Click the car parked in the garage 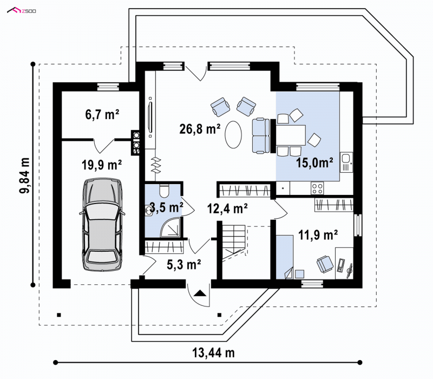[x=102, y=224]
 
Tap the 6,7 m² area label [x=102, y=114]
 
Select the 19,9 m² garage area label [x=102, y=165]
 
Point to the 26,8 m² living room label [x=200, y=129]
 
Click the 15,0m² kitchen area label [x=314, y=163]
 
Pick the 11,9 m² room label [x=318, y=235]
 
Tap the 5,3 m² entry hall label [x=183, y=264]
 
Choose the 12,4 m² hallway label [x=227, y=208]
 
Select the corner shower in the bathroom [x=172, y=227]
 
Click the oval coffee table [x=233, y=135]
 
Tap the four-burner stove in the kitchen [x=317, y=188]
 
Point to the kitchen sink [x=346, y=162]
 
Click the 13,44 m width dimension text [x=213, y=352]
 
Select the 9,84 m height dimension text [x=24, y=175]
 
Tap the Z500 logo [x=21, y=11]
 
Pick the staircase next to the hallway [x=234, y=242]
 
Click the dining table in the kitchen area [x=291, y=135]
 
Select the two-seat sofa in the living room [x=260, y=135]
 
